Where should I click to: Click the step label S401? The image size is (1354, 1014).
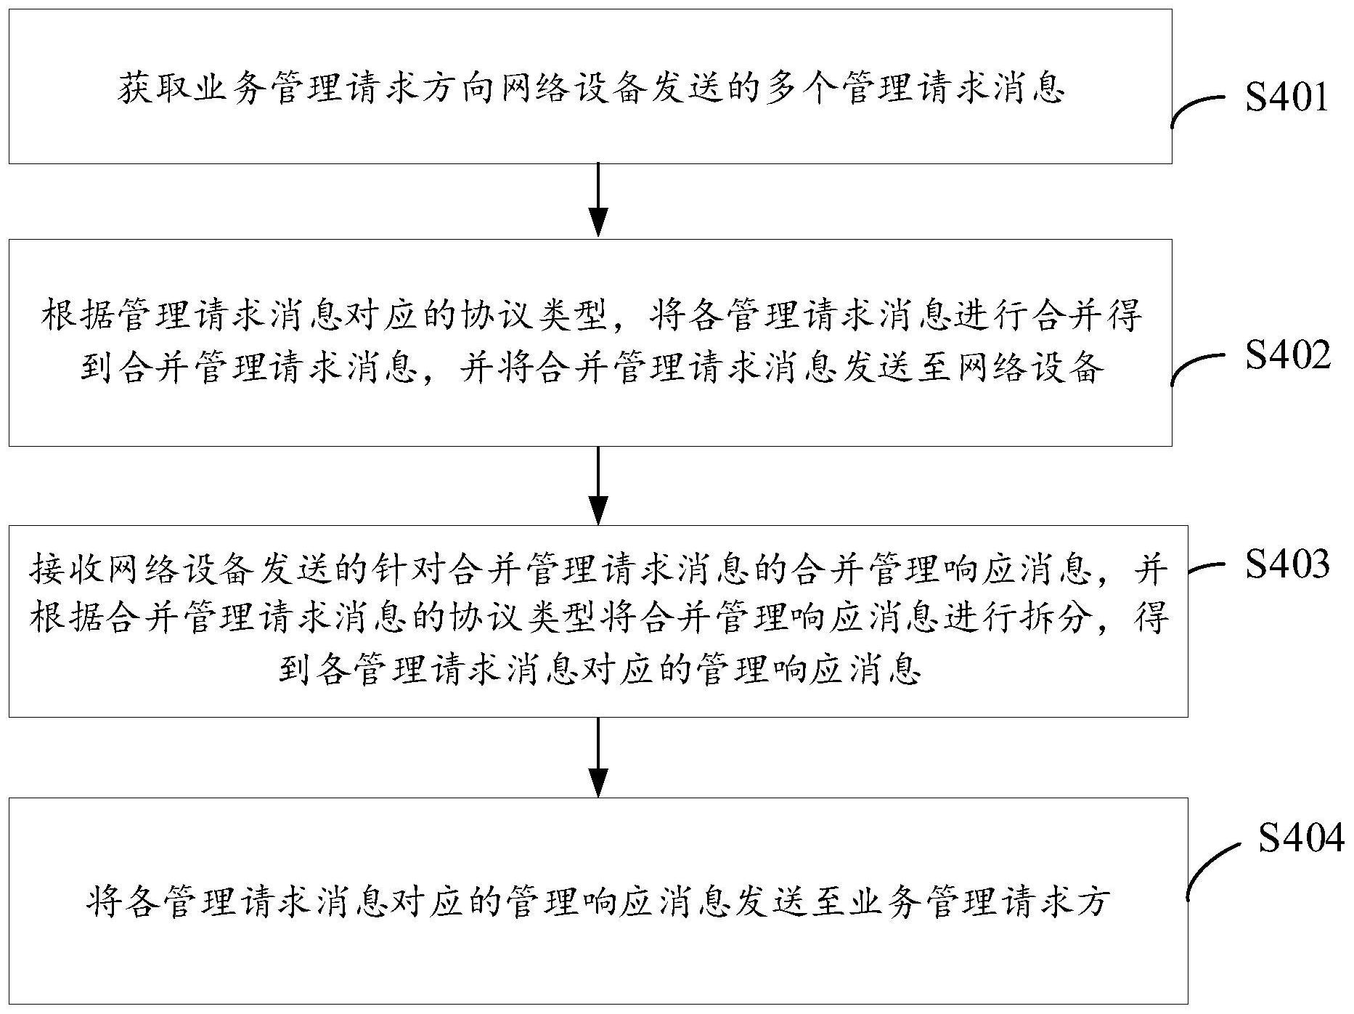[1286, 97]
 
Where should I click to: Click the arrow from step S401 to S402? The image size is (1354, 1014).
[598, 200]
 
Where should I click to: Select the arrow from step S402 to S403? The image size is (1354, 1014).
[598, 484]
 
